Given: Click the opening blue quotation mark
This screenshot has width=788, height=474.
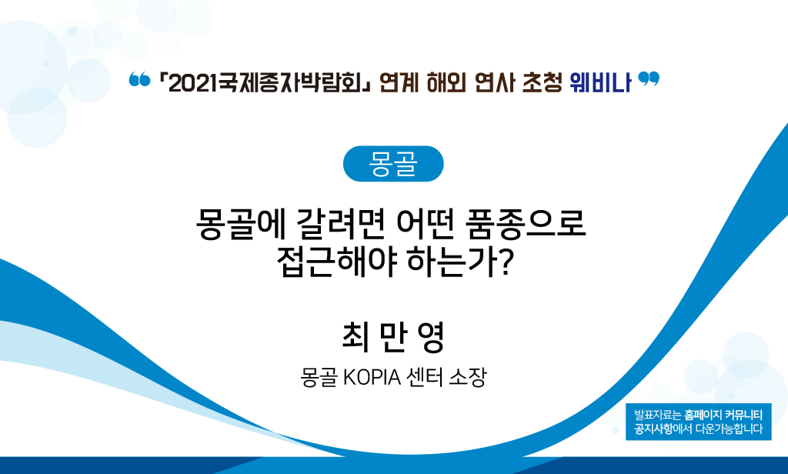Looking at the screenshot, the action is (139, 79).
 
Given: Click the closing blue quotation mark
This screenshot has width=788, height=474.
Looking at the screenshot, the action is (648, 79).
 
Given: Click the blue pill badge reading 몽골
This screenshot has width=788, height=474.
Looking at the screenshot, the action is (393, 164).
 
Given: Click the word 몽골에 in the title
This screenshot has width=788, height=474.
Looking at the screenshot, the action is (240, 224).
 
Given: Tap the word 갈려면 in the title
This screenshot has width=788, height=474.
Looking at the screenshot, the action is (341, 224).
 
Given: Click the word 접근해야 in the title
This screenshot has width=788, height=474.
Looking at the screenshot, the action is (337, 262).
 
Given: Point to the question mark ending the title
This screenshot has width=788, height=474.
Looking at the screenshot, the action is (505, 262).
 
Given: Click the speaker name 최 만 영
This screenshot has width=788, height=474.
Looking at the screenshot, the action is (393, 337).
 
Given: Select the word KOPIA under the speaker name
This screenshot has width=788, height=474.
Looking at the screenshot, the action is (372, 377).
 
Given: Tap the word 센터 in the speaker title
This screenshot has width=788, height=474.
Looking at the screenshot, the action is (425, 377).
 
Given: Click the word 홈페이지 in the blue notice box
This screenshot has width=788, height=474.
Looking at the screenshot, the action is (703, 416).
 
